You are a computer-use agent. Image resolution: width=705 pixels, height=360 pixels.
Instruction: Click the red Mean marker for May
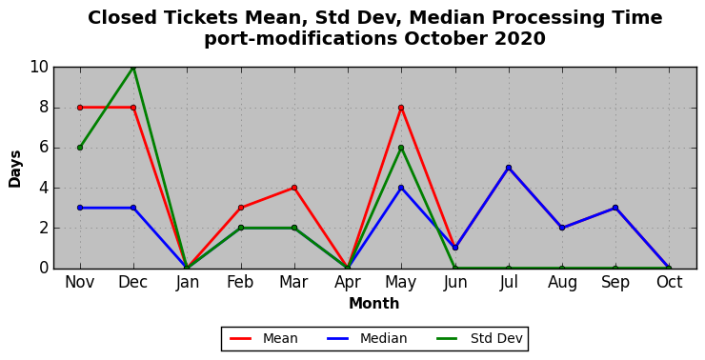pos(401,108)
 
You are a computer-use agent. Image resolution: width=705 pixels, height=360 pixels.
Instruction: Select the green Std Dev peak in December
pos(133,68)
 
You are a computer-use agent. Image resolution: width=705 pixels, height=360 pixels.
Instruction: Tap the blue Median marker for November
pos(80,208)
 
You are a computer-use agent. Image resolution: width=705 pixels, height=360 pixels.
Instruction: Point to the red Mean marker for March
pos(294,188)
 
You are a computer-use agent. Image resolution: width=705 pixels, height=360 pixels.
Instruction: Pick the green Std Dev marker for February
pos(241,228)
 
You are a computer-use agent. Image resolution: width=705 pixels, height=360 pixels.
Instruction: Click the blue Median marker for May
pos(401,188)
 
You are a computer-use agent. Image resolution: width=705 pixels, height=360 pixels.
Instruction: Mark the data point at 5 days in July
pos(509,168)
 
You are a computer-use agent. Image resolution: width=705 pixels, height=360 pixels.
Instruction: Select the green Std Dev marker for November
pos(80,148)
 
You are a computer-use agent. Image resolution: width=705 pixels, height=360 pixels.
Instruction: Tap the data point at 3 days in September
pos(615,208)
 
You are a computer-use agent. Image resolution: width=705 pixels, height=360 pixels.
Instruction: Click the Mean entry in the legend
pos(264,338)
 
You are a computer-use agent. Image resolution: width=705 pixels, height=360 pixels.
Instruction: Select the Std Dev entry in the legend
pos(480,338)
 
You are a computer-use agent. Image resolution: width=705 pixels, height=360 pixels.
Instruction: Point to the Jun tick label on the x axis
pos(455,283)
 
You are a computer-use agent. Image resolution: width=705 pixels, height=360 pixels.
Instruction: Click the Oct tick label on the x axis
pos(669,283)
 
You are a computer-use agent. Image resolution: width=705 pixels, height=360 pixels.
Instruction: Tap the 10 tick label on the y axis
pos(39,68)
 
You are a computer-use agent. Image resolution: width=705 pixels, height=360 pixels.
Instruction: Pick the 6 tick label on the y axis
pos(43,148)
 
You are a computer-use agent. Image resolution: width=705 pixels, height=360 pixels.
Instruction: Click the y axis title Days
pos(15,169)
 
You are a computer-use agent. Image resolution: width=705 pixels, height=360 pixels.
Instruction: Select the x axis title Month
pos(374,304)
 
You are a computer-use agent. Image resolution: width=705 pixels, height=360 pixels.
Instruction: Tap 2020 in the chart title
pos(520,39)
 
